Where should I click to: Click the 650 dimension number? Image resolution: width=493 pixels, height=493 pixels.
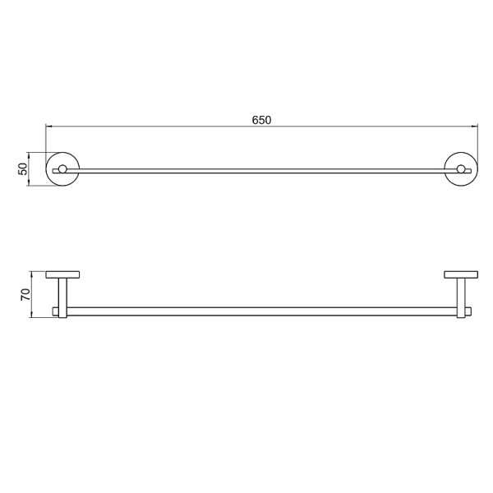pos(261,120)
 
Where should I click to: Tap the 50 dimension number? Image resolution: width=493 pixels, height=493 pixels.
pos(23,169)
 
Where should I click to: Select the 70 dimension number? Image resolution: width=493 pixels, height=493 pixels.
pos(25,295)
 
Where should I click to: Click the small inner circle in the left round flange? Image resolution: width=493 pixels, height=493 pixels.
pos(62,169)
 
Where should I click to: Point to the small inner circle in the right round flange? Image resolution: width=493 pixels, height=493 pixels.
pos(461,169)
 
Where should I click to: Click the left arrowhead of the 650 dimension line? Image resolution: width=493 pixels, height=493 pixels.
pos(48,127)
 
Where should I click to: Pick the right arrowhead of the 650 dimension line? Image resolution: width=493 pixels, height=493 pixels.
pos(475,127)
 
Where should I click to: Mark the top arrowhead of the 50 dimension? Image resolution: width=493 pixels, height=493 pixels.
pos(29,155)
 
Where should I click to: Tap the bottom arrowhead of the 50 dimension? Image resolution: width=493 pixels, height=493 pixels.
pos(29,183)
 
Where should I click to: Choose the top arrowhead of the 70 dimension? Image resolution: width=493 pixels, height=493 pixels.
pos(31,274)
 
